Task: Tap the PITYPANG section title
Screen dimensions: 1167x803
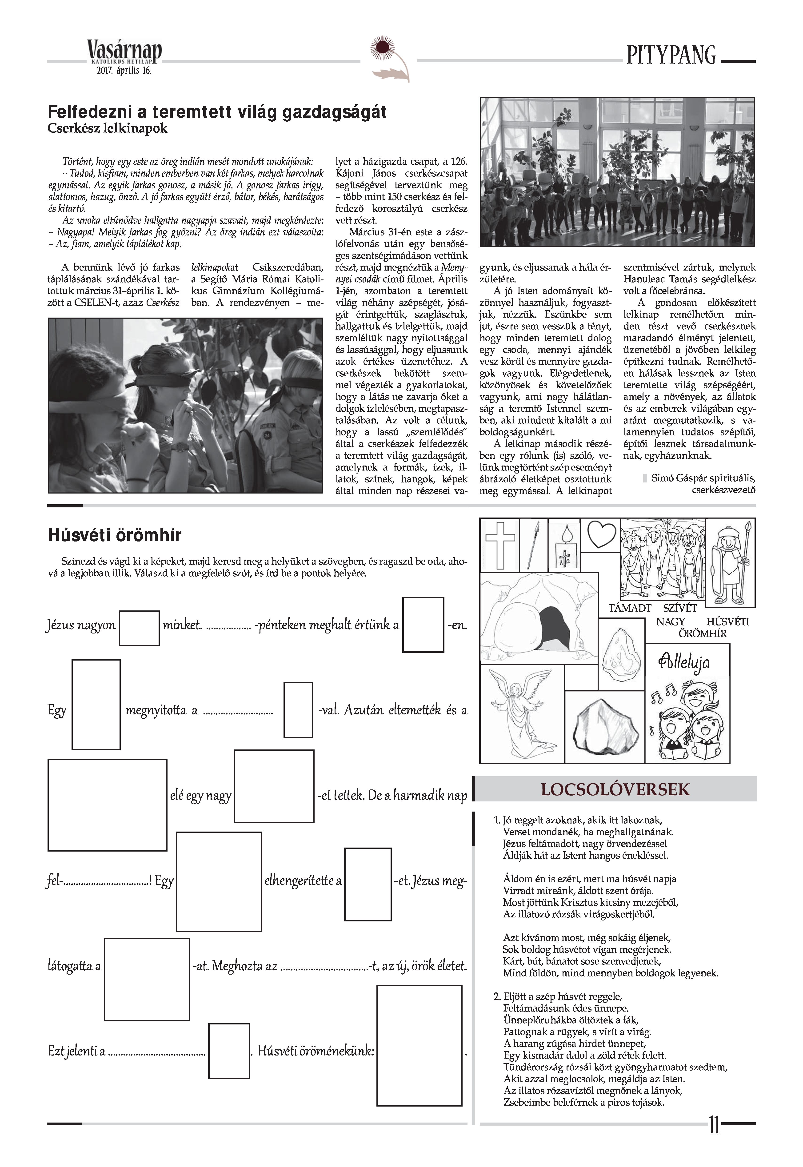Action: pos(671,55)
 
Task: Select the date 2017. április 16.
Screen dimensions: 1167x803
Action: pos(124,71)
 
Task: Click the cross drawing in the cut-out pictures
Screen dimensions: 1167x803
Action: pos(499,545)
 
